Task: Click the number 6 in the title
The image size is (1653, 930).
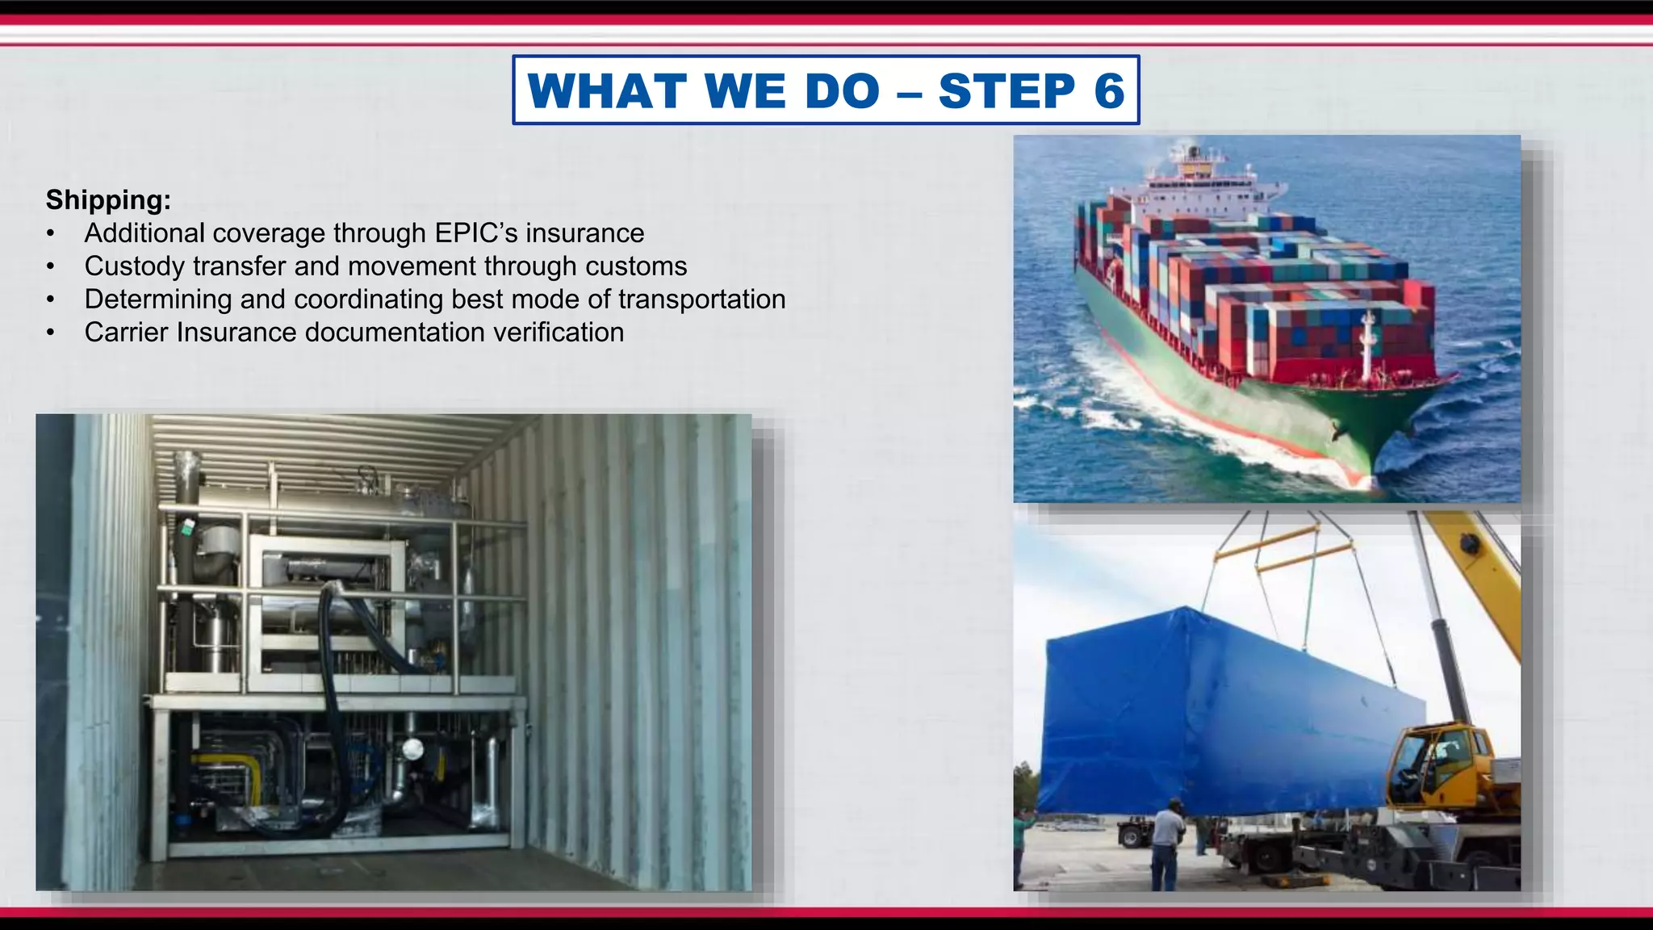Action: [1109, 90]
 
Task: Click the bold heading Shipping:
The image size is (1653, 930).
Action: [108, 199]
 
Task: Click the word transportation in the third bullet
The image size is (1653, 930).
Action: [701, 299]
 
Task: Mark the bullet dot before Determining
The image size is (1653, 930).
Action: [51, 300]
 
